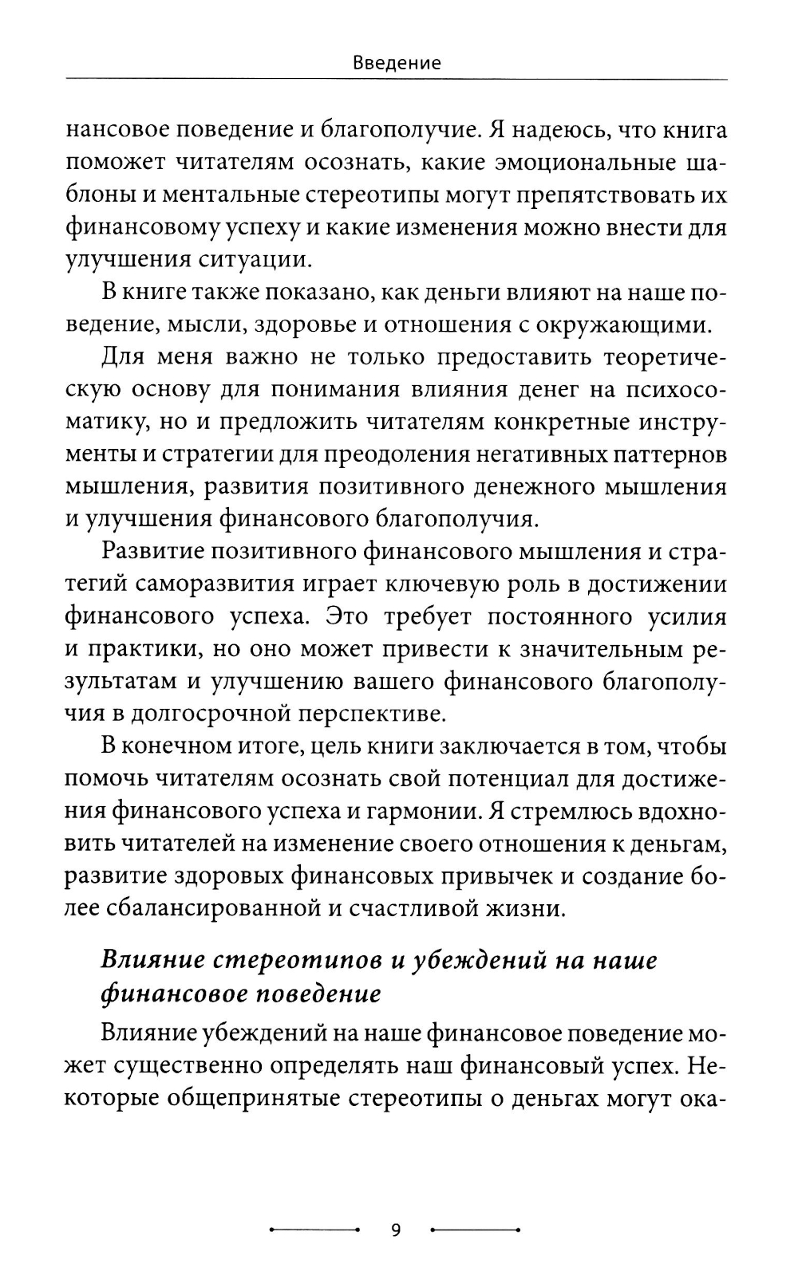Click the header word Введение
397,63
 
